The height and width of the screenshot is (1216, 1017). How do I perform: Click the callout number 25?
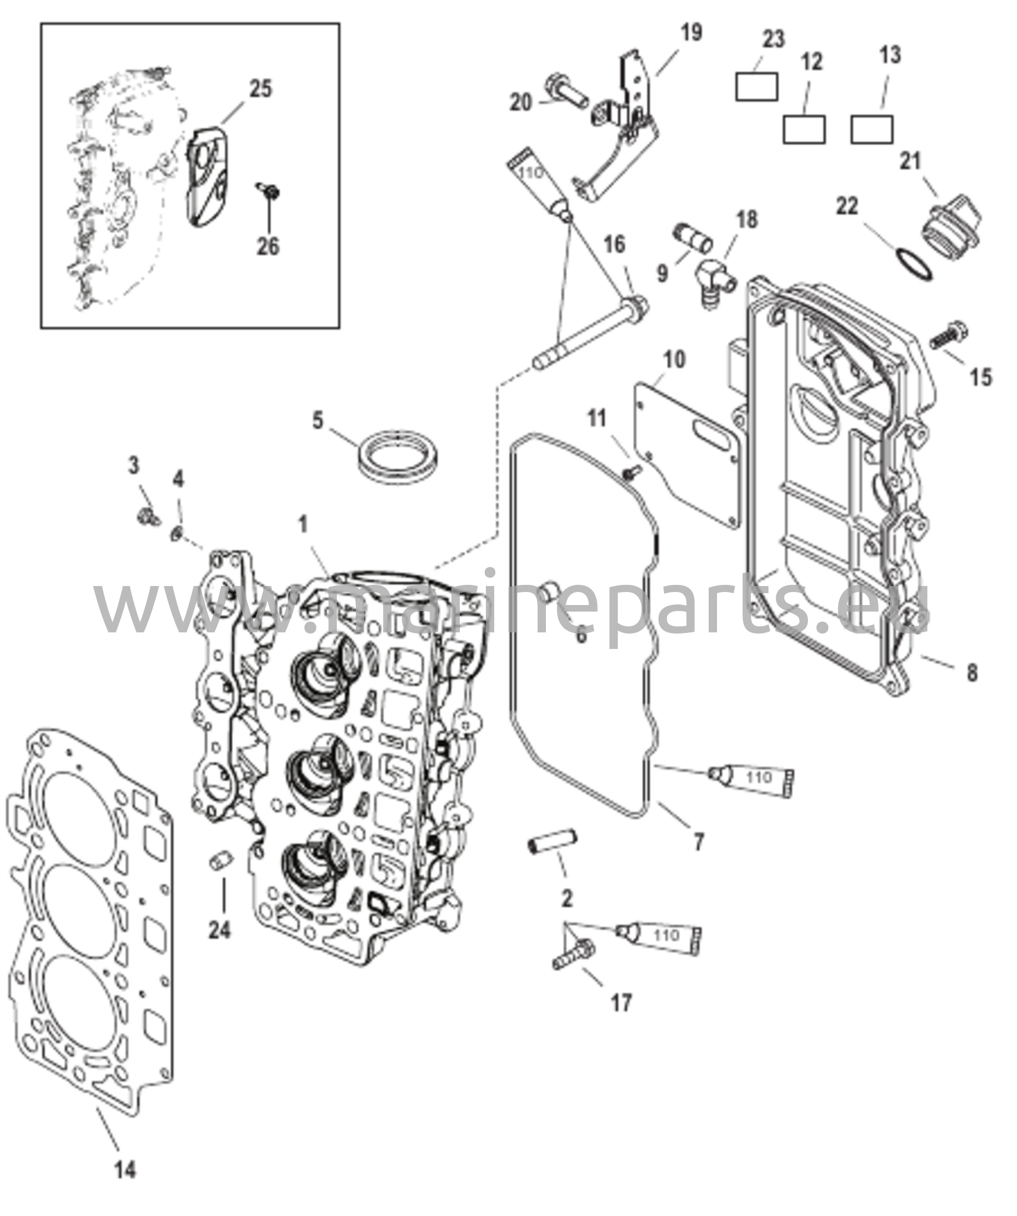(x=260, y=89)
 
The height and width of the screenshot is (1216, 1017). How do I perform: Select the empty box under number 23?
(x=756, y=87)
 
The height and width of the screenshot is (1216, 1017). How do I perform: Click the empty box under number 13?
(x=871, y=129)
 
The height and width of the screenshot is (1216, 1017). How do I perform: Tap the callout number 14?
(x=125, y=1170)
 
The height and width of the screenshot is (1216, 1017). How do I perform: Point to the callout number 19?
(x=691, y=33)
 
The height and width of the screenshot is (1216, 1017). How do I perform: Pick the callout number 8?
(x=971, y=673)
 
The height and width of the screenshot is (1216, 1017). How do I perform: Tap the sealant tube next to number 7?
(x=752, y=777)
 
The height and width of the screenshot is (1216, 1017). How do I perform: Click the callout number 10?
(x=673, y=359)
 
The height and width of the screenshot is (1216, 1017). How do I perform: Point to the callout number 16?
(x=615, y=244)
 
